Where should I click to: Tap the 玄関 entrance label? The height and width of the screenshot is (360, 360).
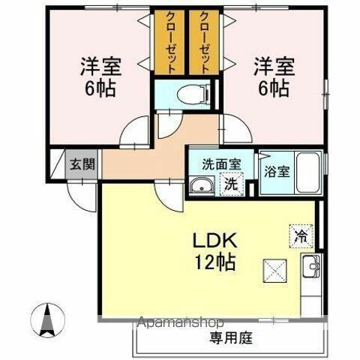click(x=82, y=163)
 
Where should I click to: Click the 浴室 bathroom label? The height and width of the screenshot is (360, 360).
click(x=276, y=171)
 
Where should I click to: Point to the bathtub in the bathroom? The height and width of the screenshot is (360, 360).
click(x=308, y=172)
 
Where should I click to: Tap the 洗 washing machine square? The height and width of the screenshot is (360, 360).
click(x=232, y=182)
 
